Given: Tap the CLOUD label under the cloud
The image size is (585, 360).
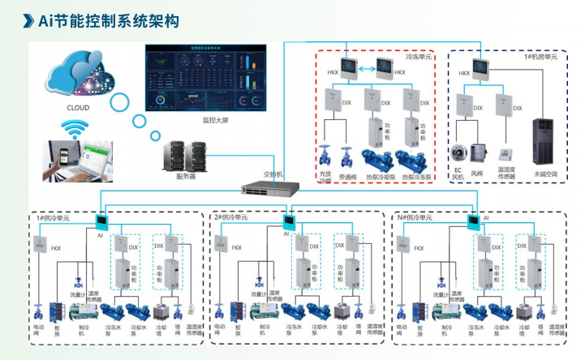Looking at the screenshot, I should pyautogui.click(x=79, y=107).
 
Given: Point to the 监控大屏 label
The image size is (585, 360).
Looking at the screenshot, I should pyautogui.click(x=217, y=120).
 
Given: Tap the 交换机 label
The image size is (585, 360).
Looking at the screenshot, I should pyautogui.click(x=273, y=174).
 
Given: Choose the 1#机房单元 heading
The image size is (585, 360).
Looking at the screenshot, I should pyautogui.click(x=540, y=58).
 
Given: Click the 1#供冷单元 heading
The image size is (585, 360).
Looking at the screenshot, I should pyautogui.click(x=53, y=218).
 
